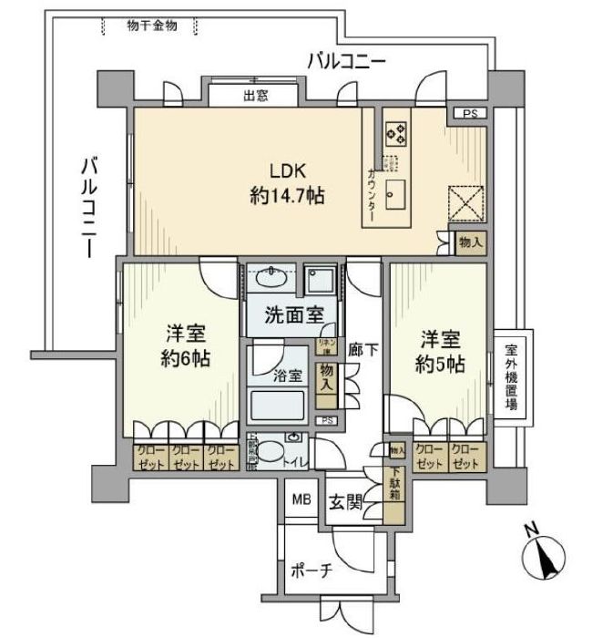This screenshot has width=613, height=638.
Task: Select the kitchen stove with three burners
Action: coord(395,134)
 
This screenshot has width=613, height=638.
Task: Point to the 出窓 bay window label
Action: coord(255,94)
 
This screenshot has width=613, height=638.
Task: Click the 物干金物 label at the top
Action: coord(152,26)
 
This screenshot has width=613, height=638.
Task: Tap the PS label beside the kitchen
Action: coord(469,114)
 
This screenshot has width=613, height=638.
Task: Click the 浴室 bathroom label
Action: coord(289,376)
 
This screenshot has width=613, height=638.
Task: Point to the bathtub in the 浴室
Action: coord(278,402)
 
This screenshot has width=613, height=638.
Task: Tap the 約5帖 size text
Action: coord(443,363)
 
